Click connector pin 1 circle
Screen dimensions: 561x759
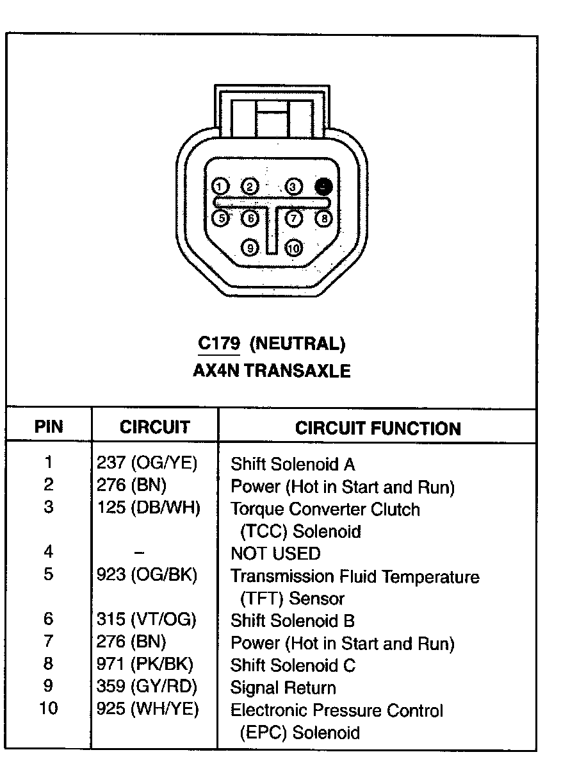(x=220, y=187)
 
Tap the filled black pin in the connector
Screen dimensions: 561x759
(x=324, y=187)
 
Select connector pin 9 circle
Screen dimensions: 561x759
(x=251, y=247)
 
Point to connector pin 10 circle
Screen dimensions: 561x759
(x=293, y=247)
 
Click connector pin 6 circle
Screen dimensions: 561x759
(x=250, y=219)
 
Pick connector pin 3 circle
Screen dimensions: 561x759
(x=293, y=187)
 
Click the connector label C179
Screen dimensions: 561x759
(x=218, y=344)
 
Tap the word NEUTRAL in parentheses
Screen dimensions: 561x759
(x=298, y=344)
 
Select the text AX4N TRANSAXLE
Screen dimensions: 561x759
(x=272, y=371)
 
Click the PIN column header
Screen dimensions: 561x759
(x=49, y=427)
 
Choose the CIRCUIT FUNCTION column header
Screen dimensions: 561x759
(x=378, y=428)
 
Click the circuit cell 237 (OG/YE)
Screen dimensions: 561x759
(x=147, y=463)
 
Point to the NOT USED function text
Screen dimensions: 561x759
(x=275, y=553)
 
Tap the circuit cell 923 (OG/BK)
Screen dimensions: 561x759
(x=147, y=575)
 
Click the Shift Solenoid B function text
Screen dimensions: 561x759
(x=293, y=621)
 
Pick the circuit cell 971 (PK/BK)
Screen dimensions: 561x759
(x=145, y=665)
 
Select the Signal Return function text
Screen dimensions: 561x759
(x=283, y=688)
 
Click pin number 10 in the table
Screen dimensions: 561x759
(x=49, y=708)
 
